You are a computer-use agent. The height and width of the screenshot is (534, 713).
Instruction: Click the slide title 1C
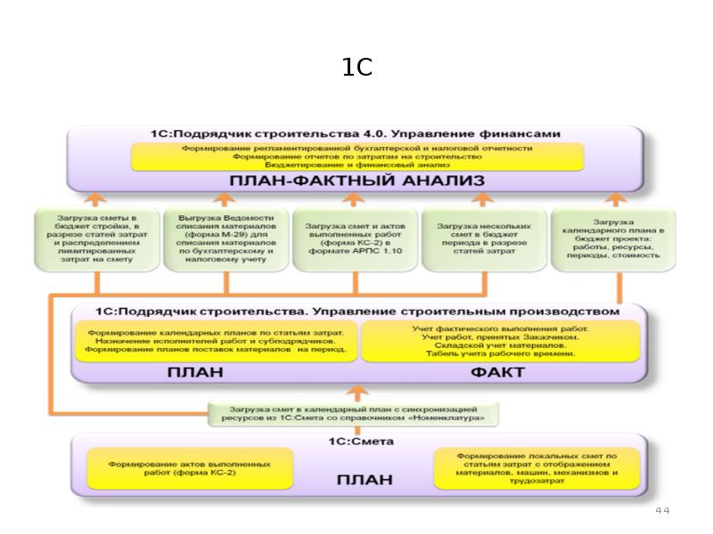click(356, 68)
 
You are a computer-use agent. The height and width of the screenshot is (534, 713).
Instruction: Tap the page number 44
click(661, 510)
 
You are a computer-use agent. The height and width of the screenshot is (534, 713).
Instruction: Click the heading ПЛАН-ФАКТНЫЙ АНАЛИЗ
click(356, 181)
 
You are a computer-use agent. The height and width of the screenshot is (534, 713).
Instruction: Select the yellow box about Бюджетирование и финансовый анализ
click(356, 157)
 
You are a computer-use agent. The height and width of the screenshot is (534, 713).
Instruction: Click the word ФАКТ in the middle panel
click(498, 372)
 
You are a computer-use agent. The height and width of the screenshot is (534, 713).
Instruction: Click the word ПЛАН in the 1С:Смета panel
click(364, 480)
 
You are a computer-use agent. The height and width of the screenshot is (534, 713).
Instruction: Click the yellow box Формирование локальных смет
click(537, 468)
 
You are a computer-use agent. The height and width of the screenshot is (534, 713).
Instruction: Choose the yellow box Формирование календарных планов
click(215, 341)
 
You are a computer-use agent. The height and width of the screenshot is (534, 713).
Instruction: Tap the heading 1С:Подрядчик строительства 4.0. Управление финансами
click(356, 133)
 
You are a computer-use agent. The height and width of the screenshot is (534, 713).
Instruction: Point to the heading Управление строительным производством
click(356, 311)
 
